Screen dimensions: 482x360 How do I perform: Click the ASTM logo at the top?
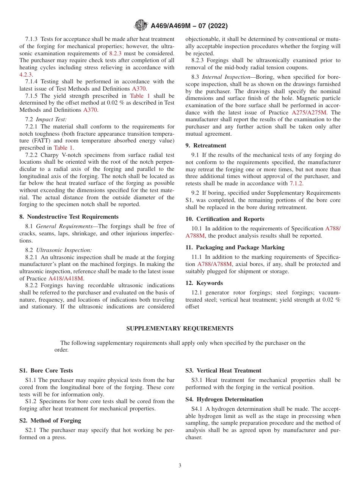click(141, 26)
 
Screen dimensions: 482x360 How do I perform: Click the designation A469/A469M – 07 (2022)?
click(189, 26)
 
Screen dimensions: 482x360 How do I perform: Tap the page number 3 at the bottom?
click(180, 465)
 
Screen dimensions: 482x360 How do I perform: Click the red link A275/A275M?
click(309, 113)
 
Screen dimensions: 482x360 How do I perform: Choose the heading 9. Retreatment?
click(206, 146)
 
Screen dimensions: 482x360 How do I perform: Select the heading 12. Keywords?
click(204, 283)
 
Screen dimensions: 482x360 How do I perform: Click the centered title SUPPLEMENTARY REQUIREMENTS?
click(180, 329)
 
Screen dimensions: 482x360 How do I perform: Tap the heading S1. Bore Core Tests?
click(46, 371)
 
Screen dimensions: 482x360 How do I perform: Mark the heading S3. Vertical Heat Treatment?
click(223, 371)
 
